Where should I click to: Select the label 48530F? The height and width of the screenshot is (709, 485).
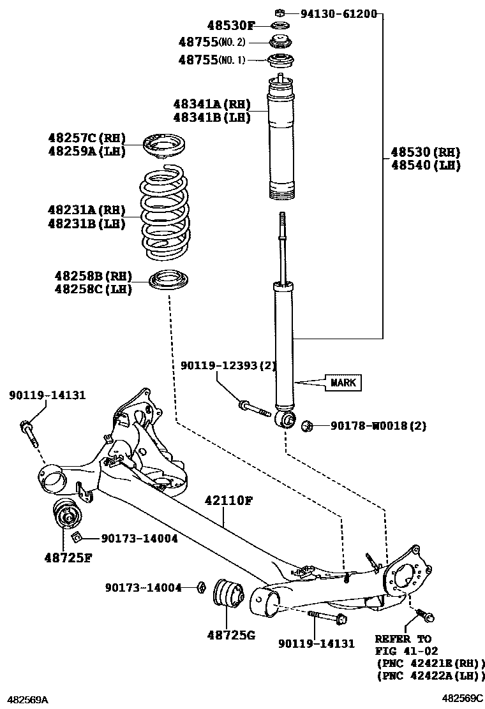(230, 26)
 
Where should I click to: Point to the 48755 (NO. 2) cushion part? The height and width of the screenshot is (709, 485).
(279, 43)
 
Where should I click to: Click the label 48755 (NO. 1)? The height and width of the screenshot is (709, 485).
(211, 60)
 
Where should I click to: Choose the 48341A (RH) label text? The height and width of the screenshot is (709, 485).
(211, 103)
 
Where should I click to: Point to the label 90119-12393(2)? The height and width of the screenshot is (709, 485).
(227, 365)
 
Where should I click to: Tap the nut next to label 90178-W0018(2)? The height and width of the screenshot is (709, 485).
(307, 425)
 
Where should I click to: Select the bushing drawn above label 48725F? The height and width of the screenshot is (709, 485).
(66, 514)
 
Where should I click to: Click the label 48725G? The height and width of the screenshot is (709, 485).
(230, 635)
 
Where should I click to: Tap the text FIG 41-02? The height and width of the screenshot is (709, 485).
(403, 651)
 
